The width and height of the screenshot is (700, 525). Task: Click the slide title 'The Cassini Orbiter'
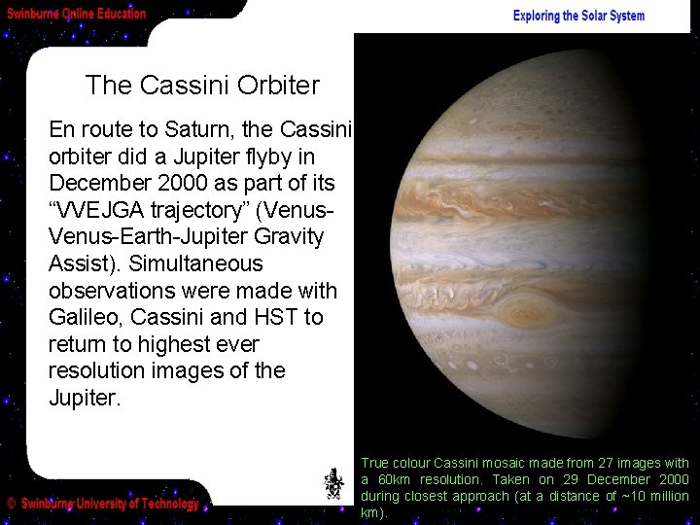201,86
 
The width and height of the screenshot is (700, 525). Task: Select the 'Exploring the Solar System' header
578,16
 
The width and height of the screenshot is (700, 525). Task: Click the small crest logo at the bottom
333,483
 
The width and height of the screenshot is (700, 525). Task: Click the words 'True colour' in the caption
393,463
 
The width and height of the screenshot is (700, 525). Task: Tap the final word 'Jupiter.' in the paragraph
86,398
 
